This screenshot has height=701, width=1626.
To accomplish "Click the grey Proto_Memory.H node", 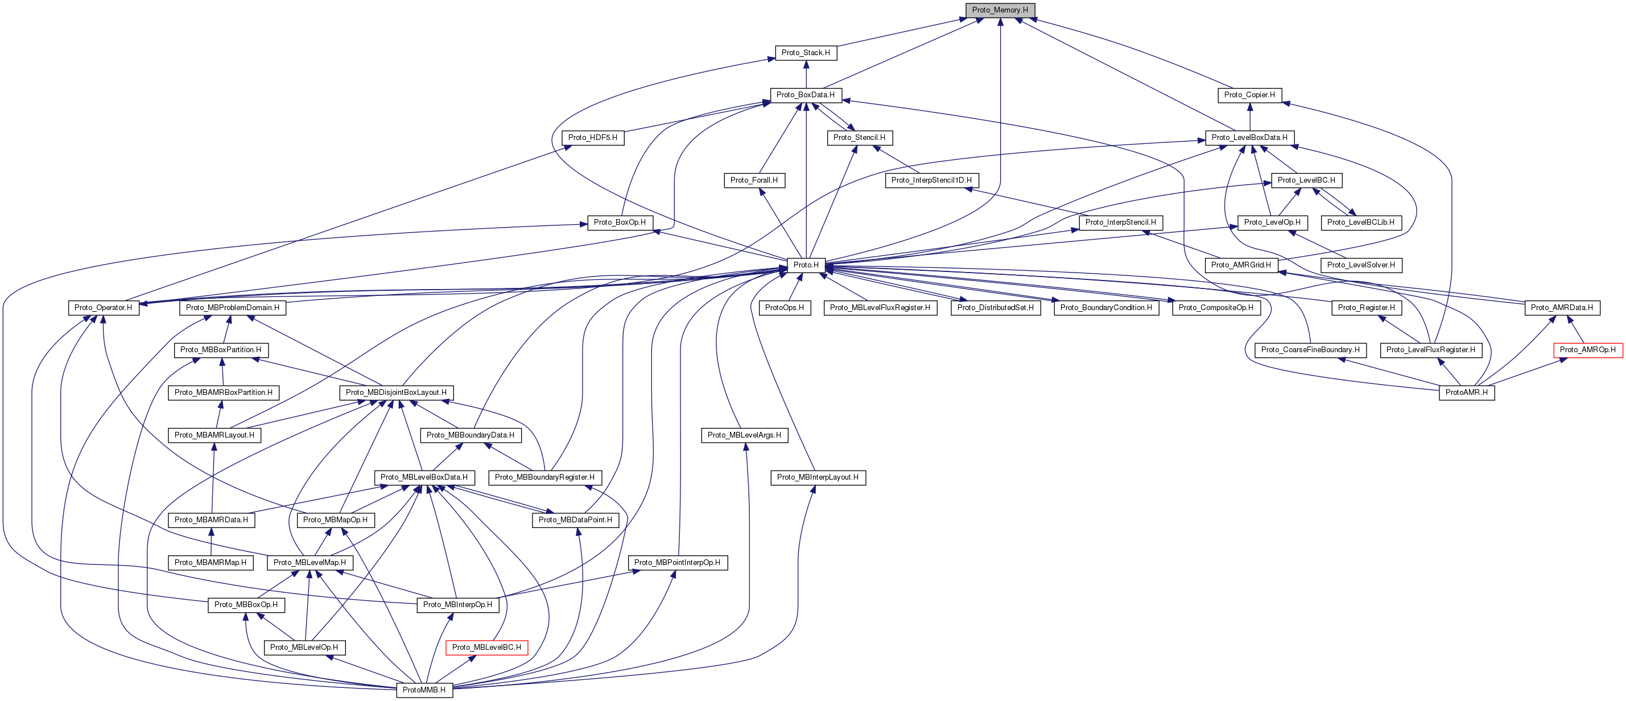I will [x=1000, y=10].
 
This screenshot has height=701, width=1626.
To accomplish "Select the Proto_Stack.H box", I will [x=806, y=53].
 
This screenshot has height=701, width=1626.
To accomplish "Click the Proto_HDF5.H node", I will [x=593, y=138].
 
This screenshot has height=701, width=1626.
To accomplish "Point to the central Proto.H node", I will [x=806, y=265].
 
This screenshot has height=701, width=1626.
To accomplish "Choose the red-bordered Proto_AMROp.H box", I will [x=1587, y=350].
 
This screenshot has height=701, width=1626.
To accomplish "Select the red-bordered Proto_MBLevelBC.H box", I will [x=486, y=648].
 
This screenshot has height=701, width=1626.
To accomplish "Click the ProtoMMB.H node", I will [x=424, y=690].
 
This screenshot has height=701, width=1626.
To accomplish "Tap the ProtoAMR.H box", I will [x=1466, y=393].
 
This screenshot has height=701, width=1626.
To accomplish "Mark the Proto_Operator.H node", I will [x=104, y=308].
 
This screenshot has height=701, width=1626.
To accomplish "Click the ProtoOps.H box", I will [x=785, y=308].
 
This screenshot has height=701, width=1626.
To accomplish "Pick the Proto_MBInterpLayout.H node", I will [x=818, y=477].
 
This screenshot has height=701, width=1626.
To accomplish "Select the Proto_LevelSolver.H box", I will [x=1361, y=265].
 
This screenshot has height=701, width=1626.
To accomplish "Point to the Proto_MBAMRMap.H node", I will [x=210, y=563].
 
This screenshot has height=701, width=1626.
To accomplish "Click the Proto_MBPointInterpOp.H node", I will [x=677, y=563].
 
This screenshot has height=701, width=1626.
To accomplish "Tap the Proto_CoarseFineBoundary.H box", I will [x=1310, y=350].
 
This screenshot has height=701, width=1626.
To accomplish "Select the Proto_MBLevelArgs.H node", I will [x=744, y=435].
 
